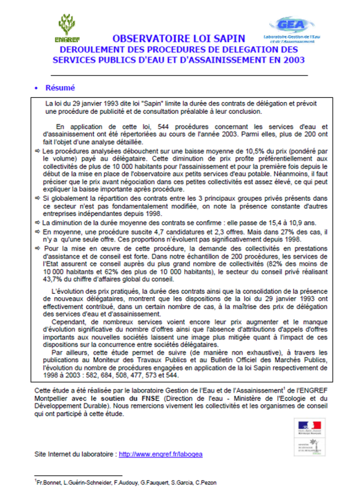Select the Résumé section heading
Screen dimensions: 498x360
[x=61, y=88]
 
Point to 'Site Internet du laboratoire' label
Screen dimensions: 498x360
[x=75, y=455]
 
